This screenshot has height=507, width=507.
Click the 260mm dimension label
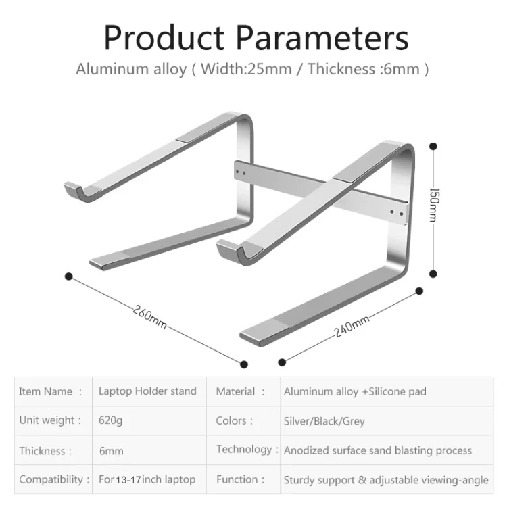point(149,317)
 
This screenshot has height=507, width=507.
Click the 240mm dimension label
point(352,326)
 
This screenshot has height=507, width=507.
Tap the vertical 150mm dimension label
point(434,205)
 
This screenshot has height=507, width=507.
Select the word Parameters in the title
point(322,38)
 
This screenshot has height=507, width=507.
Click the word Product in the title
point(164,38)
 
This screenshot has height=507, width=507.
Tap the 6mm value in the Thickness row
point(112,451)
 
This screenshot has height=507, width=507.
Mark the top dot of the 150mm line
point(433,147)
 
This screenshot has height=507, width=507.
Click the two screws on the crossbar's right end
point(396,213)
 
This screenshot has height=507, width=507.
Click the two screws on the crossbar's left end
point(241,172)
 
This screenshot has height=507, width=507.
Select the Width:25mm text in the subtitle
point(246,69)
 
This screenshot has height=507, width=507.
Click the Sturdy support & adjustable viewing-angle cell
point(386,480)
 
